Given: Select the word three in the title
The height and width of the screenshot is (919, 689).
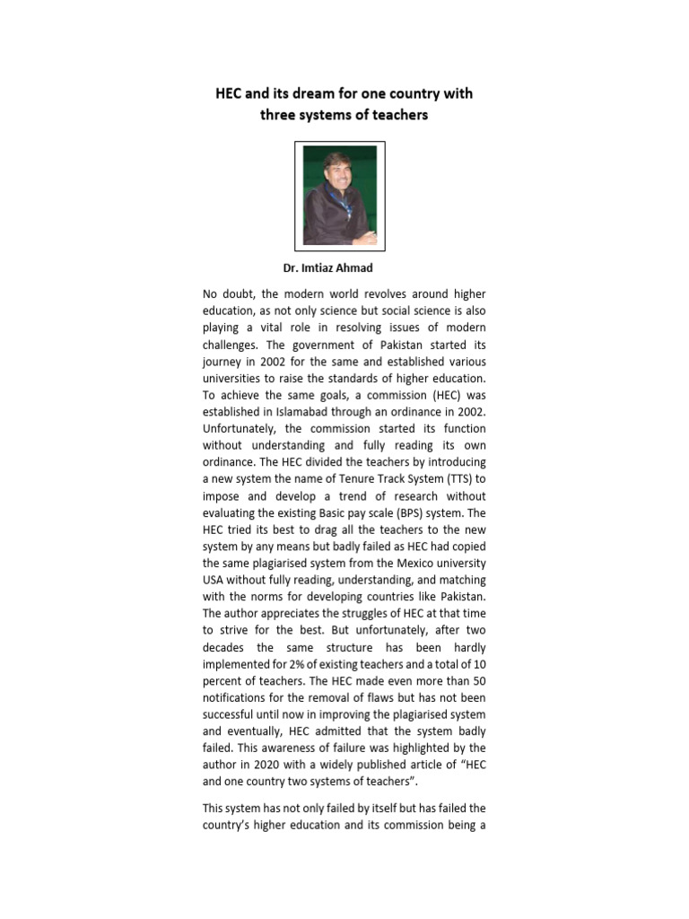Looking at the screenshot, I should [x=280, y=115].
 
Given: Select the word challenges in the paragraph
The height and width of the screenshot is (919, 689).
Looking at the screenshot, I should [x=232, y=346].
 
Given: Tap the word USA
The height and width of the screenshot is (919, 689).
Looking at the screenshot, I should [x=214, y=582].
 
